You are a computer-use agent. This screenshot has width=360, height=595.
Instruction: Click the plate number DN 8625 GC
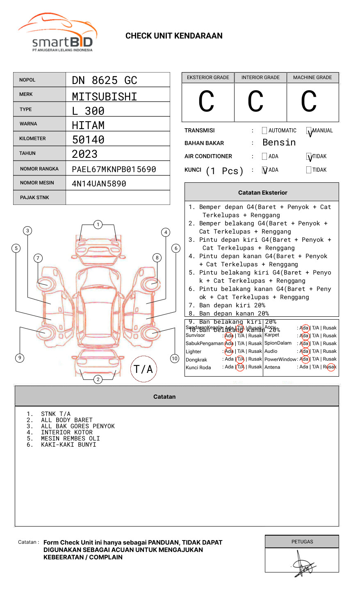pos(105,80)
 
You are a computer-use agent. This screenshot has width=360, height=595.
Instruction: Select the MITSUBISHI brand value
pos(105,97)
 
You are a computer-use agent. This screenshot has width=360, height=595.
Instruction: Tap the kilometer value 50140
pos(88,140)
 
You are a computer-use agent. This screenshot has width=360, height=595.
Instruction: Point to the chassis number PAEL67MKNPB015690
pos(114,169)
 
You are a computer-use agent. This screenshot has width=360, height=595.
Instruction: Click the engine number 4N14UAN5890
pos(99,184)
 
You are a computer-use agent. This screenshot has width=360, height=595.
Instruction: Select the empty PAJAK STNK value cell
pos(118,198)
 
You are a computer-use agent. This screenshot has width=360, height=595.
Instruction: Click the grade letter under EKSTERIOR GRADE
pos(206,102)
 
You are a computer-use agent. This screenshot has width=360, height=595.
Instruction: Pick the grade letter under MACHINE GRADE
pos(309,102)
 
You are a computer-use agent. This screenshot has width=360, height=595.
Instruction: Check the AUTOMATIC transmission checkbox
pos(264,131)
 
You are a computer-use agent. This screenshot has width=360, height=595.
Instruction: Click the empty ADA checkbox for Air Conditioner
pos(264,157)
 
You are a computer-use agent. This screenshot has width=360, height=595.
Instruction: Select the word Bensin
pos(279,143)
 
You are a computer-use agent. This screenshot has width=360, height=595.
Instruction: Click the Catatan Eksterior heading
pos(262,193)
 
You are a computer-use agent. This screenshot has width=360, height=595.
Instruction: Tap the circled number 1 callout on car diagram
pos(98,225)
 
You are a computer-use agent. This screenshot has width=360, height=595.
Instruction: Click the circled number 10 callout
pos(175,359)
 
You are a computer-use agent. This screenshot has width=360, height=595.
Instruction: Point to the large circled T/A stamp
pos(144,369)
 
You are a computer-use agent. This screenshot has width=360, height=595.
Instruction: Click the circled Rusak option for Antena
pos(330,367)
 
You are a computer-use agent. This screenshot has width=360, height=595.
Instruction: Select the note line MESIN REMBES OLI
pos(70,438)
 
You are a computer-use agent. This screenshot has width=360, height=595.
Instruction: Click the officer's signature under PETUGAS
pos(303,564)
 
